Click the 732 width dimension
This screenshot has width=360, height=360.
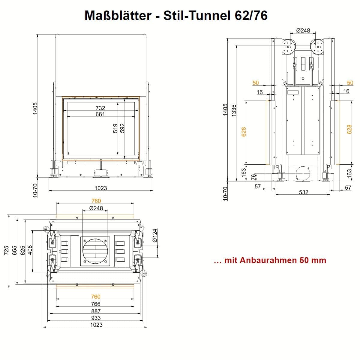(x=100, y=108)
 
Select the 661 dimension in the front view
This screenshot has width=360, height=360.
(x=100, y=114)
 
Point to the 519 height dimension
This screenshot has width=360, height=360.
(x=115, y=128)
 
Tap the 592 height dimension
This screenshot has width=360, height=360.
(x=122, y=128)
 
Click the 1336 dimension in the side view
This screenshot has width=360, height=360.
(x=234, y=111)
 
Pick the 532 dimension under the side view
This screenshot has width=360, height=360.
(x=304, y=192)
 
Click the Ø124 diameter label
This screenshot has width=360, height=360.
(x=155, y=235)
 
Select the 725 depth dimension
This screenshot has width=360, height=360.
(x=6, y=250)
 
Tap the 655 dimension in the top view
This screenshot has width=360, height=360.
(x=14, y=250)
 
